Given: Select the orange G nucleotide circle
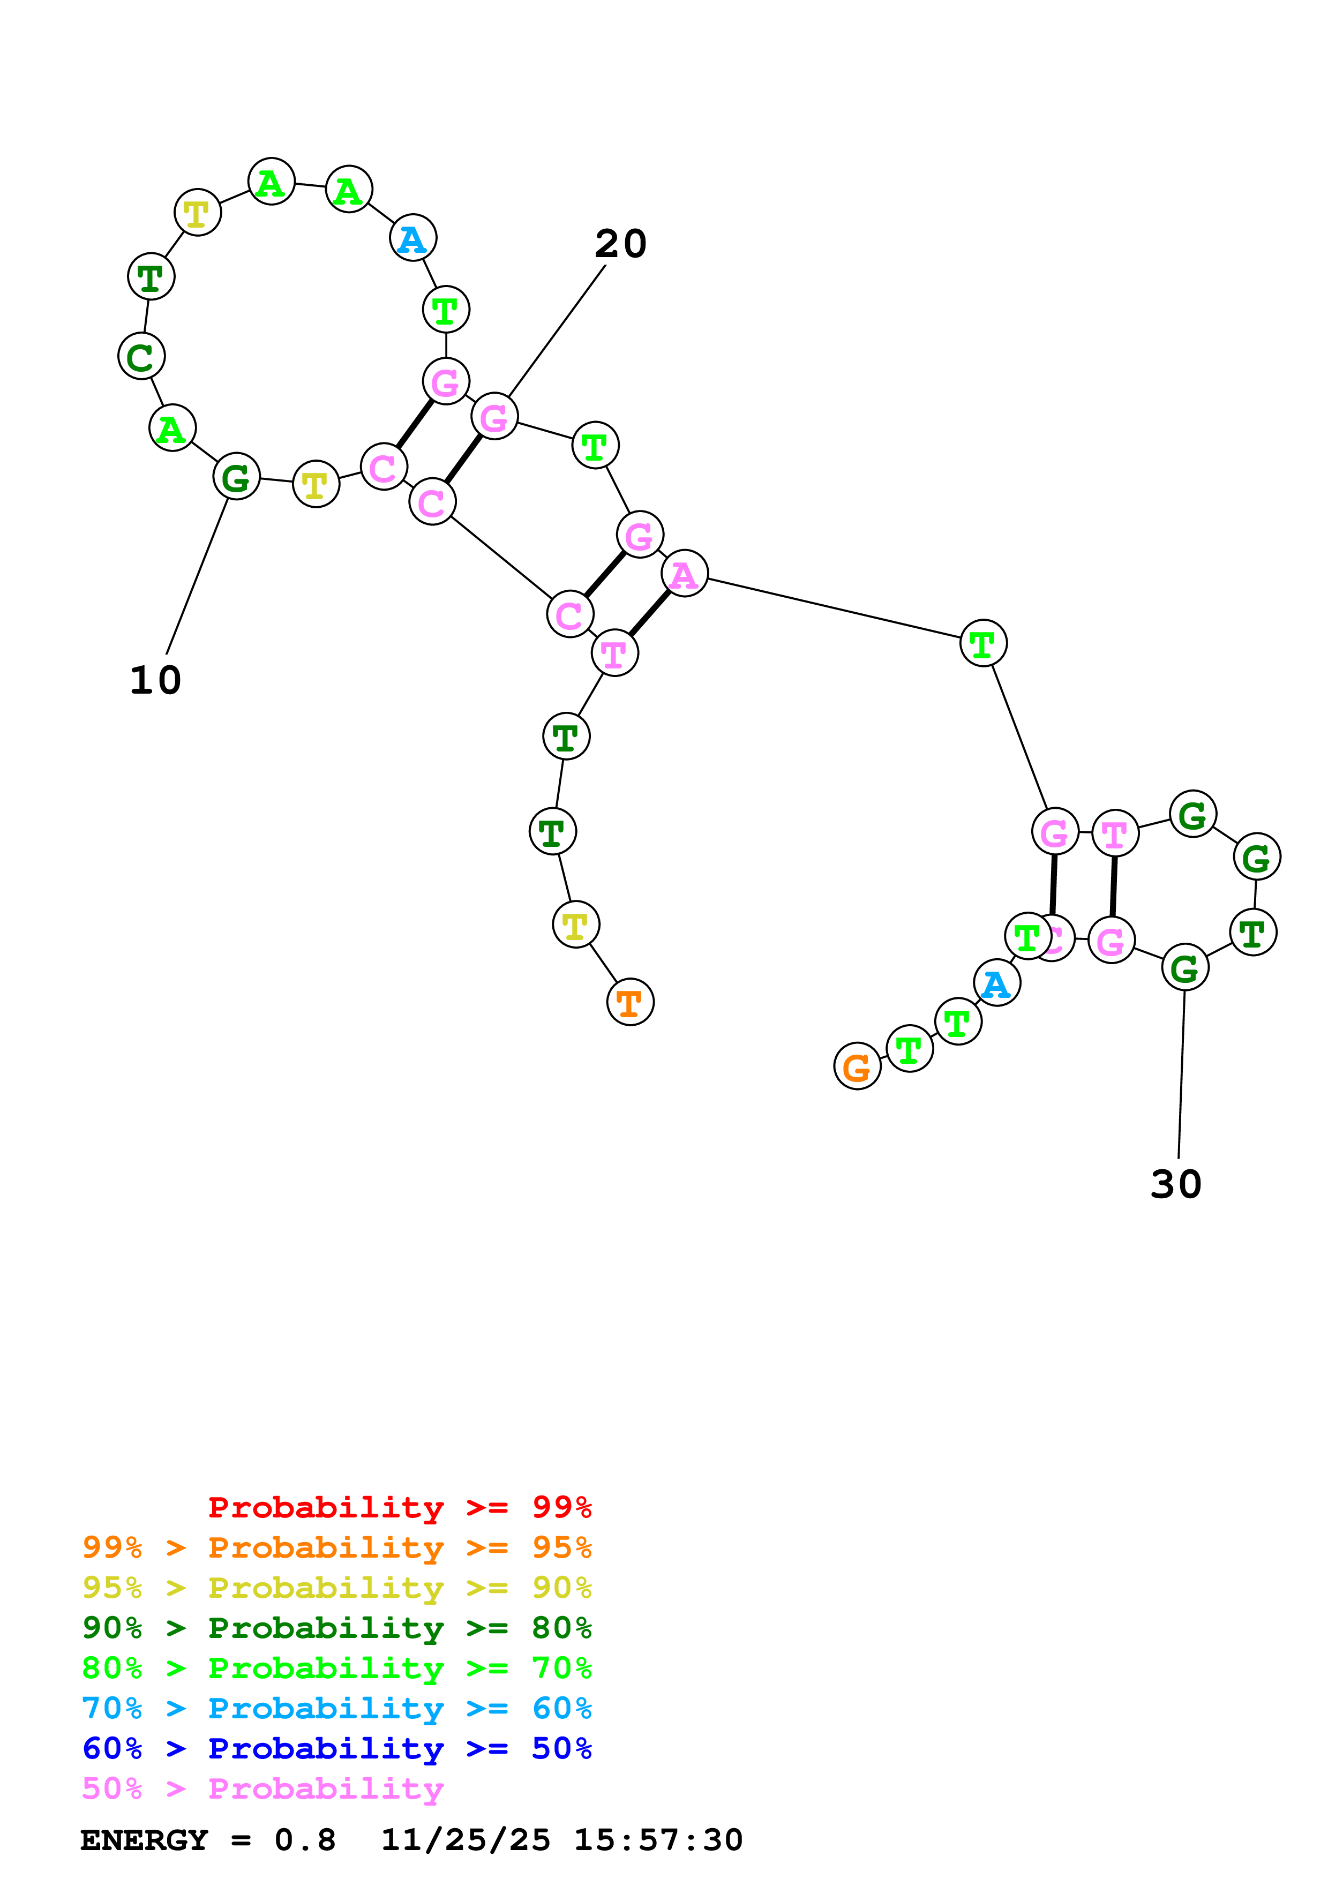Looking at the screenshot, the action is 857,1066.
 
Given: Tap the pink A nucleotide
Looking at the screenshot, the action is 684,574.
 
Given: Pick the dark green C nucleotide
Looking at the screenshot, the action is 141,356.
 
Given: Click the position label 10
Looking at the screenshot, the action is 155,680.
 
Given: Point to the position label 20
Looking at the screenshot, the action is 620,244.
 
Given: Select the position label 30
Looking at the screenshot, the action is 1176,1184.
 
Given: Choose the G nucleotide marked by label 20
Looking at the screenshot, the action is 494,417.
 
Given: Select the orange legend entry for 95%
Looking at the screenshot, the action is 336,1547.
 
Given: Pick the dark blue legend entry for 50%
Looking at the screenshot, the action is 336,1748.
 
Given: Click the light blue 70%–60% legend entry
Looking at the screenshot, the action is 336,1708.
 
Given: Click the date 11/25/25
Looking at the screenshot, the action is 466,1840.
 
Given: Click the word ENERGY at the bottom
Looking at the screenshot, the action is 144,1840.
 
